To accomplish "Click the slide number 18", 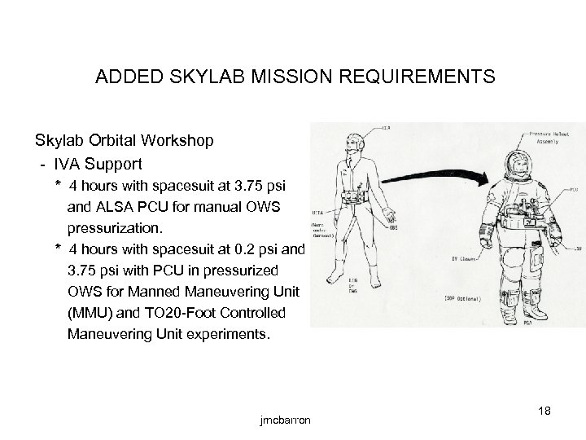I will pos(544,411).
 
